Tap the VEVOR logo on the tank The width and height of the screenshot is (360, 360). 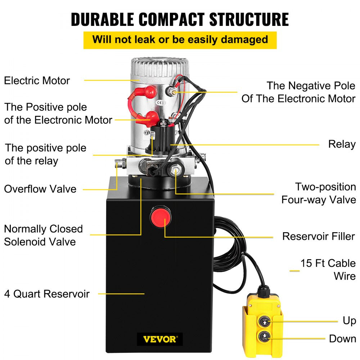[x=159, y=339]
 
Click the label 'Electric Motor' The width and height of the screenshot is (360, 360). [x=37, y=80]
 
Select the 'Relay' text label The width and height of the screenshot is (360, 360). [x=342, y=144]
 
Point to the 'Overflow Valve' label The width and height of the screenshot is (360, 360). [x=40, y=189]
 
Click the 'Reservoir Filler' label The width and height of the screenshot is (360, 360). [x=319, y=236]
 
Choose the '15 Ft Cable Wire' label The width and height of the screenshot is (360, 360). [x=328, y=269]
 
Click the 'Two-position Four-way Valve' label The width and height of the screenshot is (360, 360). [x=319, y=193]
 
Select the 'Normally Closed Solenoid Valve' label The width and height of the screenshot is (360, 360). [x=43, y=235]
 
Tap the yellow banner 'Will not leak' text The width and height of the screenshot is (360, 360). [x=180, y=40]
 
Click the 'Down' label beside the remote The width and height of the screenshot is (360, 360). [x=342, y=339]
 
